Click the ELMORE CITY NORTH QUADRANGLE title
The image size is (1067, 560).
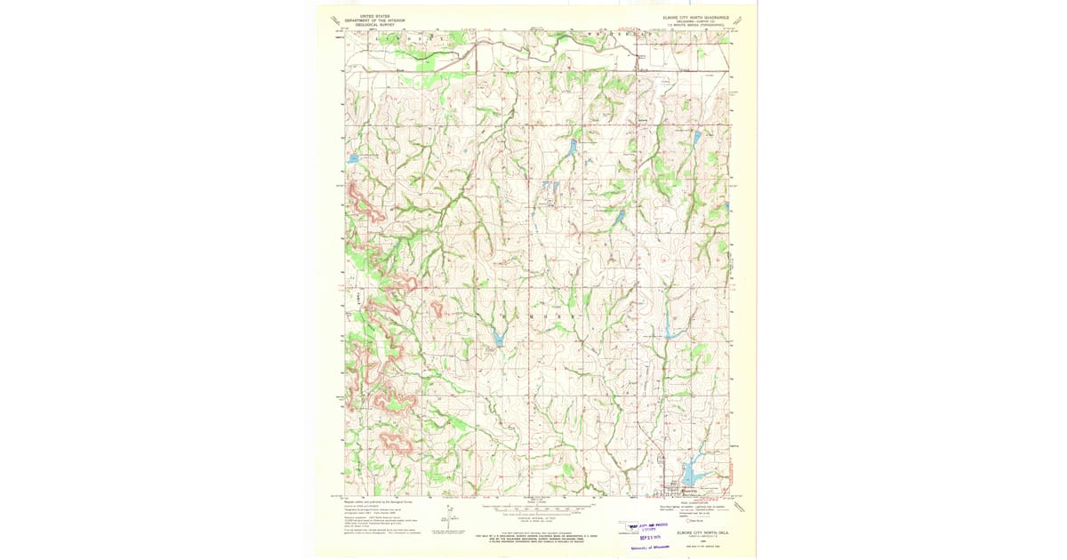[x=694, y=16]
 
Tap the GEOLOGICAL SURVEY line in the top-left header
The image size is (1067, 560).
[x=369, y=26]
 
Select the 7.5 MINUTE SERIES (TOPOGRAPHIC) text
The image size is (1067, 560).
[x=694, y=26]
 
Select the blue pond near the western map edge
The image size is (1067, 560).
[x=354, y=158]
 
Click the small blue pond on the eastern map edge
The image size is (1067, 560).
[x=727, y=206]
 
